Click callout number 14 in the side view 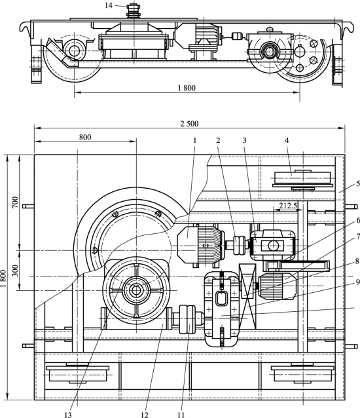coord(109,5)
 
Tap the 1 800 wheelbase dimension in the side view coord(187,88)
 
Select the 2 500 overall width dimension coord(189,124)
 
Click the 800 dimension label coord(85,138)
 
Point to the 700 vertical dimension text coord(15,202)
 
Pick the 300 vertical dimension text coord(15,271)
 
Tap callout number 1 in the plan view coord(195,140)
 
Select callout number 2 coord(218,140)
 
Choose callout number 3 coord(244,140)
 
